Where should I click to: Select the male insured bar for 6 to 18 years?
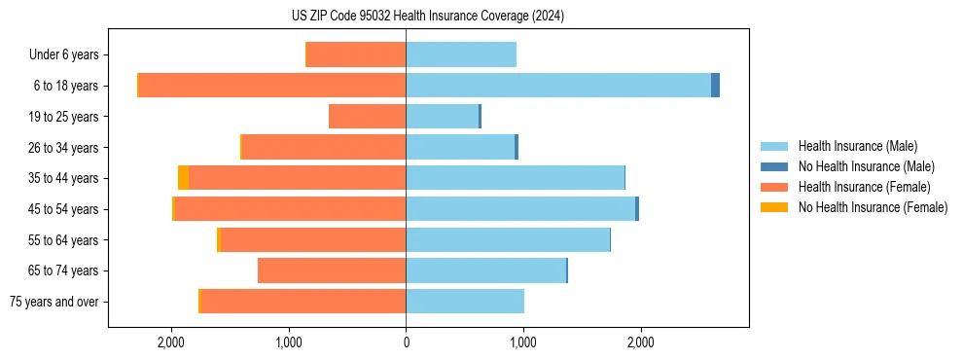pyautogui.click(x=558, y=86)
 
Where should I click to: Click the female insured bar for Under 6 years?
pyautogui.click(x=356, y=54)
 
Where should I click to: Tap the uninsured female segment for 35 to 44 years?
pyautogui.click(x=184, y=178)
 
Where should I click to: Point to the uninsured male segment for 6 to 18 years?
pyautogui.click(x=715, y=86)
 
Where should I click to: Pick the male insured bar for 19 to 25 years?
pyautogui.click(x=443, y=117)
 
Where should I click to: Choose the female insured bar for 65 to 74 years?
pyautogui.click(x=332, y=270)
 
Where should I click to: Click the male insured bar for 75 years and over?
pyautogui.click(x=465, y=302)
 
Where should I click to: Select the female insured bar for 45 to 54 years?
pyautogui.click(x=290, y=209)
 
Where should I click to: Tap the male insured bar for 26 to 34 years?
pyautogui.click(x=460, y=147)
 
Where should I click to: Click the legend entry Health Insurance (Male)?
pyautogui.click(x=857, y=146)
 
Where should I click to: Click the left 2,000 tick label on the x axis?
pyautogui.click(x=171, y=342)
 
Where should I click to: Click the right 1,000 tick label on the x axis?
pyautogui.click(x=523, y=342)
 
